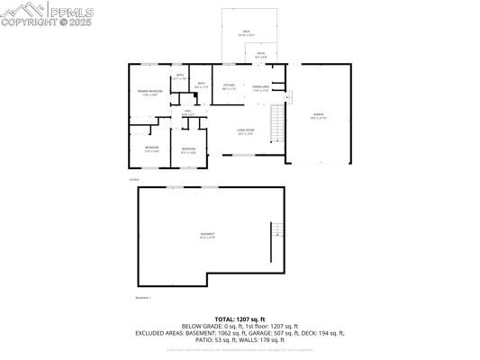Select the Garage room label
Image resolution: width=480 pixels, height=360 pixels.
click(x=318, y=116)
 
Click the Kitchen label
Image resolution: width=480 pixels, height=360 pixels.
click(x=230, y=87)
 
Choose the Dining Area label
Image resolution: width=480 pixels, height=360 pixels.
click(x=261, y=87)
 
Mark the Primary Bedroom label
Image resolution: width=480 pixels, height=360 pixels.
click(x=149, y=92)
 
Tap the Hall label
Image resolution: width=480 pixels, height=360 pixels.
click(x=188, y=113)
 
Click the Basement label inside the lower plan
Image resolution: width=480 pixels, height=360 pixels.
click(x=207, y=236)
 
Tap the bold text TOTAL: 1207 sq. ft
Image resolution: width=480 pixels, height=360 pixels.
click(x=240, y=319)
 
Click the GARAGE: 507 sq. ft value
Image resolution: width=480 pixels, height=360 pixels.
click(x=278, y=333)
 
